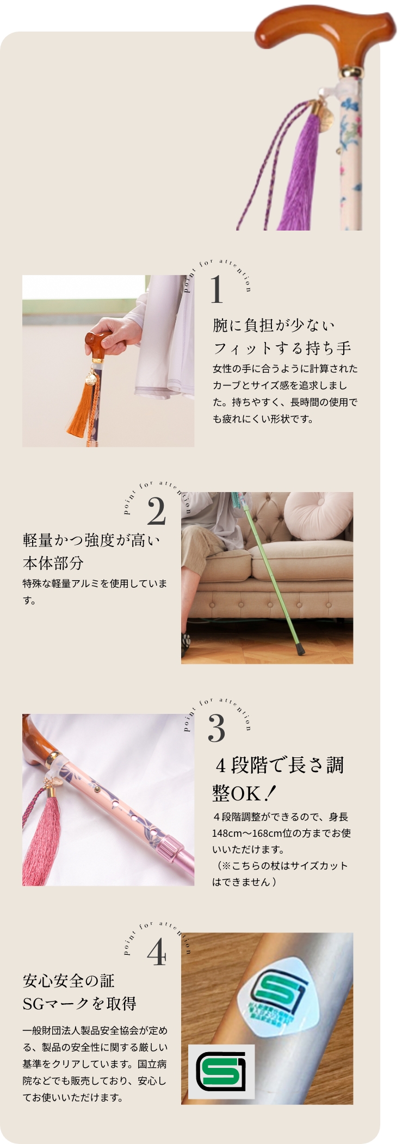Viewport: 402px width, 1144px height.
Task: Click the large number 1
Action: [x=217, y=290]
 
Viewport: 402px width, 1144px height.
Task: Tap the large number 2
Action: [x=156, y=512]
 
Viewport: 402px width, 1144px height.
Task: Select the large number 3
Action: [x=217, y=729]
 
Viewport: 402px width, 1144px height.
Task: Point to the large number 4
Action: [x=157, y=952]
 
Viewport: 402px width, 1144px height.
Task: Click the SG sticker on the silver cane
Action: [x=280, y=994]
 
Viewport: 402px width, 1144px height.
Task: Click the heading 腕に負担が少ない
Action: [x=274, y=325]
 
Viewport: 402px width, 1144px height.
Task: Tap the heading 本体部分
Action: [x=53, y=563]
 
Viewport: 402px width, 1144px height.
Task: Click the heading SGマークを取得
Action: [x=79, y=1004]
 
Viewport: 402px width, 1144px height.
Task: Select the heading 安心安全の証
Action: [x=69, y=981]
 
